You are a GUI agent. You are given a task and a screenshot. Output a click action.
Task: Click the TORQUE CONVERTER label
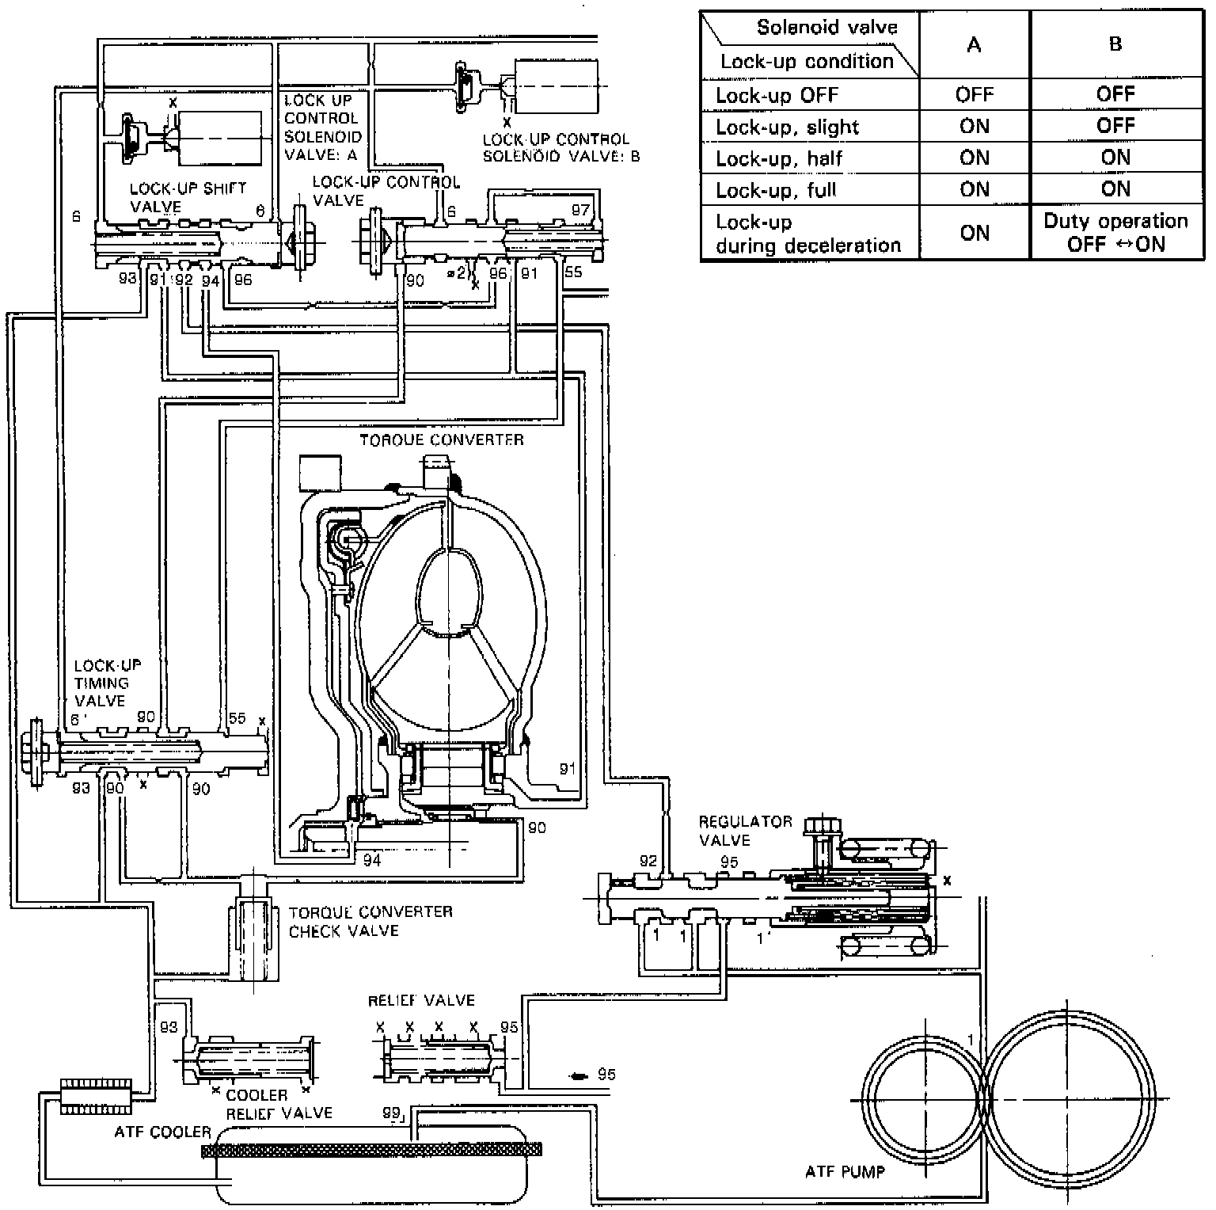tap(441, 439)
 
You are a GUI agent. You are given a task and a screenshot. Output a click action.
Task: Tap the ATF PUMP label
tap(844, 1171)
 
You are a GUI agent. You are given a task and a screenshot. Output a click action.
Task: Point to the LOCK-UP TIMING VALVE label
tap(107, 683)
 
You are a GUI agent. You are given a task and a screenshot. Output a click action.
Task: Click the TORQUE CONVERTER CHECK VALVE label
tap(370, 921)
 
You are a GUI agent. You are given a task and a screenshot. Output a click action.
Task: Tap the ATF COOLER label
tap(162, 1132)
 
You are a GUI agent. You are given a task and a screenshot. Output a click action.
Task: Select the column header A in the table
tap(974, 45)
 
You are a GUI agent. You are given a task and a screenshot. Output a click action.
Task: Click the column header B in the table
tap(1115, 44)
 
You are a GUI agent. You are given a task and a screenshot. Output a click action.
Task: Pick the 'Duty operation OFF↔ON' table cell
tap(1115, 232)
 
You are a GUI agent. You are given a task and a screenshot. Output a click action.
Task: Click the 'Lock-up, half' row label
tap(779, 158)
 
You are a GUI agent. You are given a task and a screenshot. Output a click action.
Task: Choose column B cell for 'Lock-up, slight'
tap(1115, 126)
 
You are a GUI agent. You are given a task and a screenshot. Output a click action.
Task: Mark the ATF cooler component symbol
tap(94, 1094)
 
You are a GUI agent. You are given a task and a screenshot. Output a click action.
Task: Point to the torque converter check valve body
tap(253, 927)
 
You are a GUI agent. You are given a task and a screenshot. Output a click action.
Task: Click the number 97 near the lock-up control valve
tap(580, 210)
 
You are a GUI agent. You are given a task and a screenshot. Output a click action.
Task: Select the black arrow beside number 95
tap(579, 1075)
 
